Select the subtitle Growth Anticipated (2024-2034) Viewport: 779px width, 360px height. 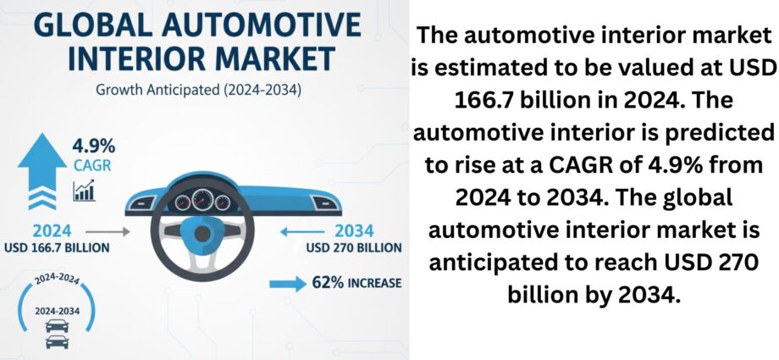coord(198,91)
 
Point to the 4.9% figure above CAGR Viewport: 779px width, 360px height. coord(94,147)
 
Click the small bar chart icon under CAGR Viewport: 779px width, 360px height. coord(84,191)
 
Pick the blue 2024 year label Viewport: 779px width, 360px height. coord(52,231)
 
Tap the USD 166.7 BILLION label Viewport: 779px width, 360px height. coord(56,247)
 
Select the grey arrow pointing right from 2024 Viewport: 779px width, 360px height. coord(108,232)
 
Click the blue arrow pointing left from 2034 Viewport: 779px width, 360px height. coord(302,232)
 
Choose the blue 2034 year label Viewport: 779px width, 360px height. coord(354,231)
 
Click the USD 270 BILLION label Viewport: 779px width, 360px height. coord(354,247)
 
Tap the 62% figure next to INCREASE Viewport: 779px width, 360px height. coord(328,283)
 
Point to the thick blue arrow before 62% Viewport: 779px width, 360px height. coord(288,284)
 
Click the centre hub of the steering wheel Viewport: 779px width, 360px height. coord(202,233)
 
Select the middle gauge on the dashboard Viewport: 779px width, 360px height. coord(202,200)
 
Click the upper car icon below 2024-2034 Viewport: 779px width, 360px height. coord(57,326)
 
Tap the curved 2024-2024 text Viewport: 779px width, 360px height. coord(57,280)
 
